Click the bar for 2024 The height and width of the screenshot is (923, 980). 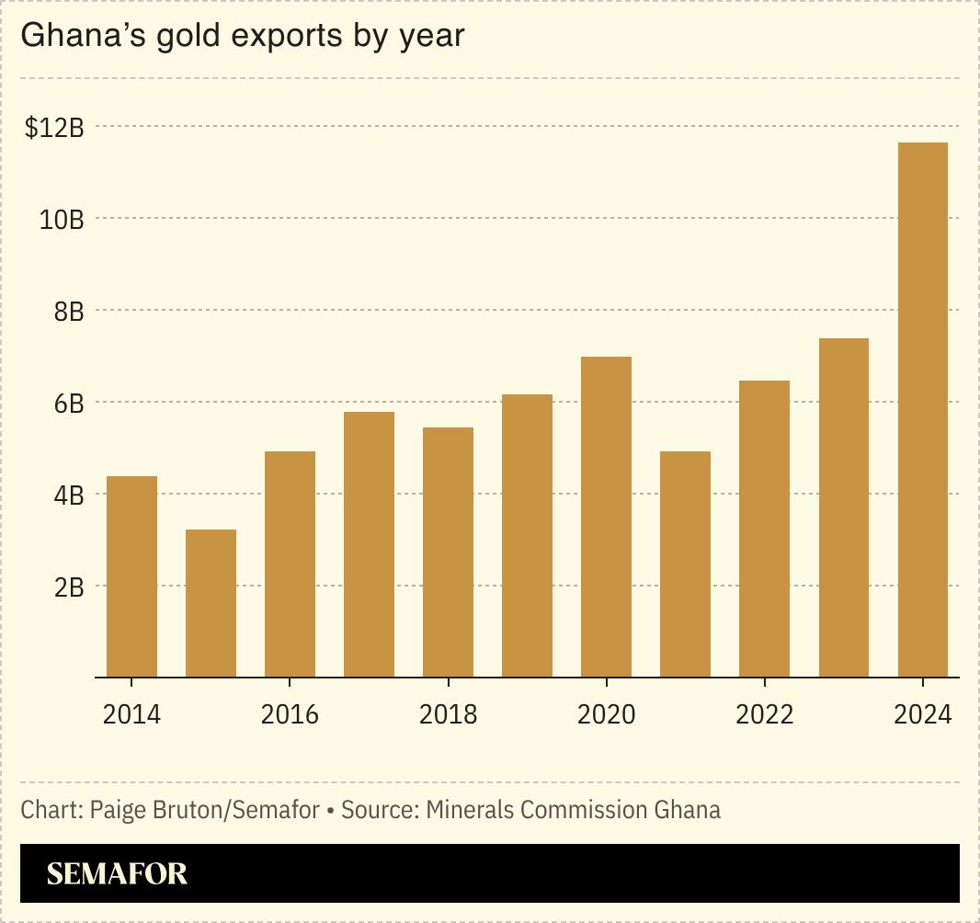tap(922, 410)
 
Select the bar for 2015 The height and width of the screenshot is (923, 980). tap(211, 603)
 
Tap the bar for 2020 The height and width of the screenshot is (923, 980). tap(606, 517)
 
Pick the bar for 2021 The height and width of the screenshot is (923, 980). tap(685, 564)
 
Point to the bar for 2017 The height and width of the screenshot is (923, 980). tap(369, 544)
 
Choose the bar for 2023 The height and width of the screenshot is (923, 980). tap(843, 507)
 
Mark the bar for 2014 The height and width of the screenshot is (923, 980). tap(131, 576)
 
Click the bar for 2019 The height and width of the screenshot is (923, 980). tap(527, 535)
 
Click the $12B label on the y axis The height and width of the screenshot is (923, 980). tap(54, 129)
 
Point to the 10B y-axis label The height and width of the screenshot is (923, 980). tap(62, 220)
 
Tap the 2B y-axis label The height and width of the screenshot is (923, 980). tap(68, 587)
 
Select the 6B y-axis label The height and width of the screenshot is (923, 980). tap(68, 404)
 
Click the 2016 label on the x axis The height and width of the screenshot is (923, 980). tap(290, 714)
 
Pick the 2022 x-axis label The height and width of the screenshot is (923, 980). tap(764, 714)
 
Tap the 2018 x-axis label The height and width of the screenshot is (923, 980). tap(448, 714)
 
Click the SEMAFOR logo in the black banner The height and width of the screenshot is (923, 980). tap(117, 873)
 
